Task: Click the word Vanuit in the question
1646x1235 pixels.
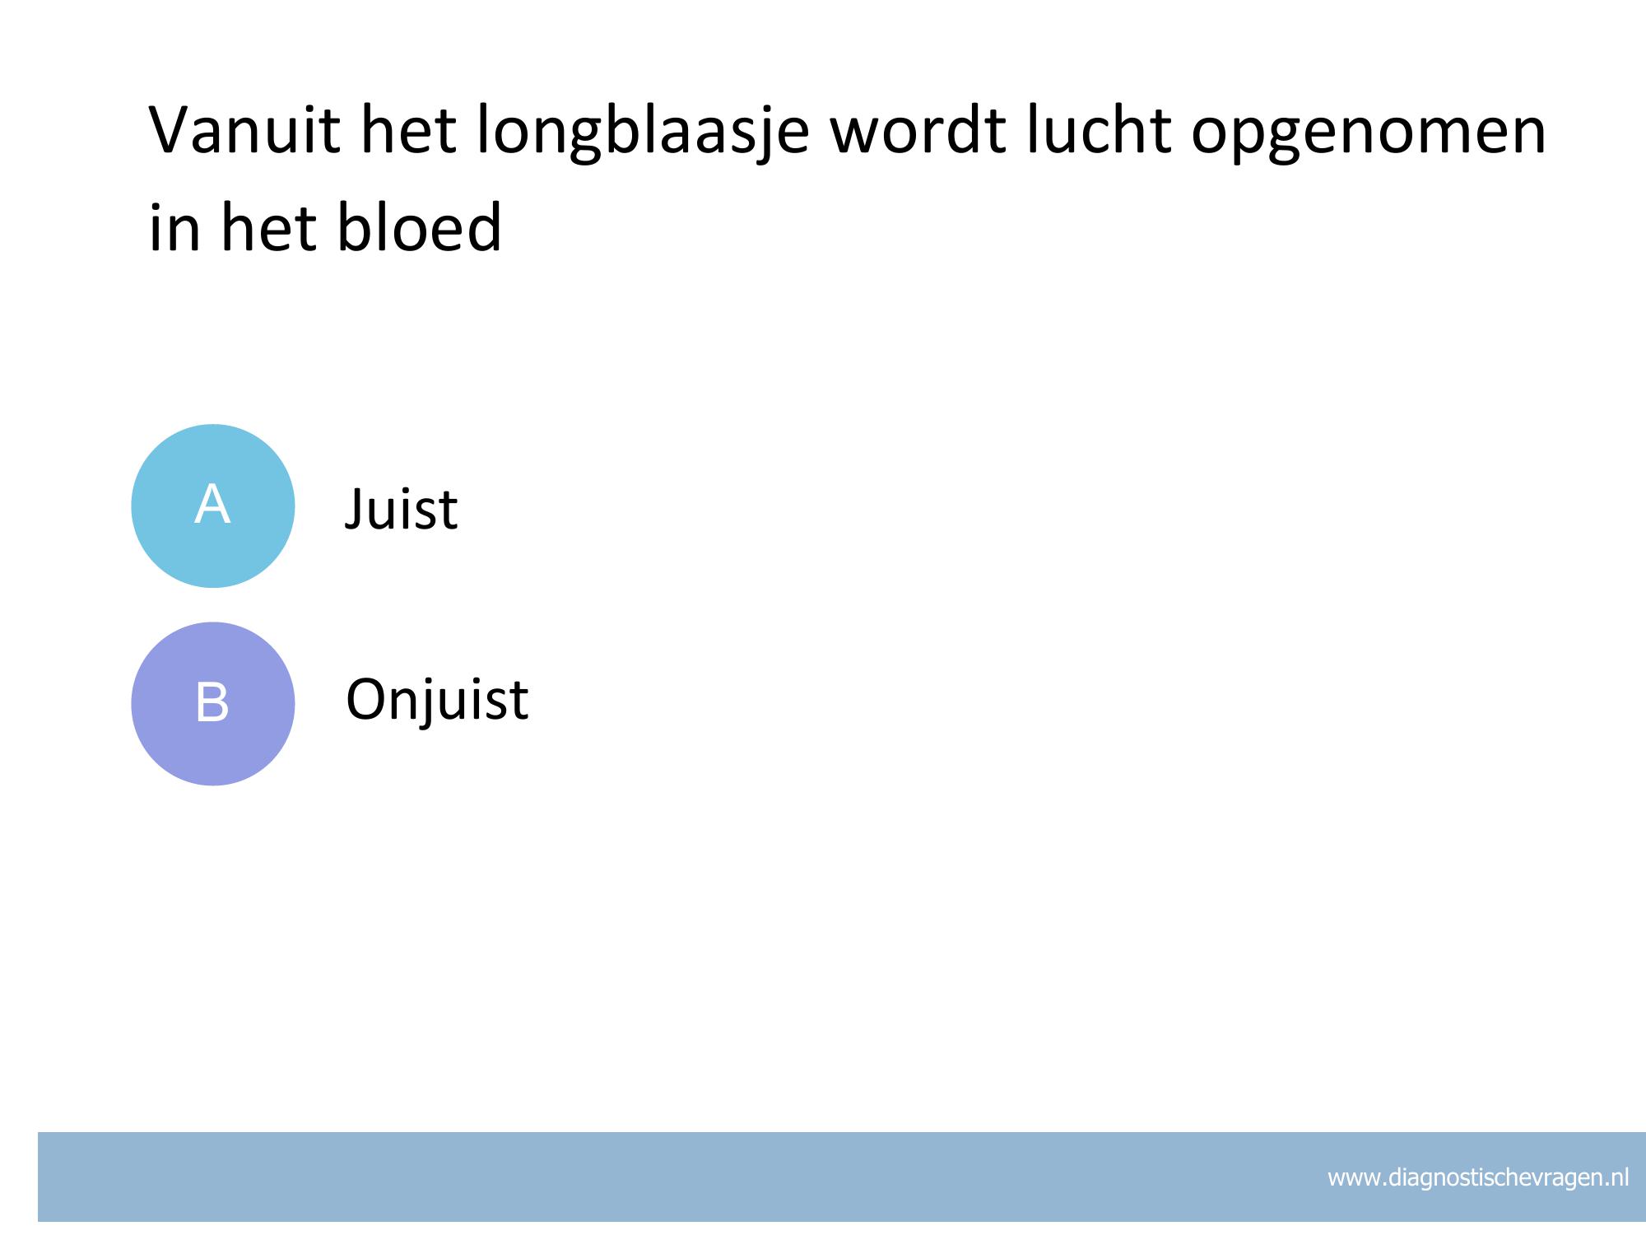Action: (244, 130)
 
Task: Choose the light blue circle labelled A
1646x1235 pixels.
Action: (213, 506)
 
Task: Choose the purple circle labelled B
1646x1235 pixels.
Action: (213, 703)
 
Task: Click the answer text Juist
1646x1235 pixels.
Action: (401, 509)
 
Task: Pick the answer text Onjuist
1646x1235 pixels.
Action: (437, 701)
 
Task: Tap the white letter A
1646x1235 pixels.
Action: (212, 504)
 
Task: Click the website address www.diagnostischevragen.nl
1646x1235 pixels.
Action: (1478, 1177)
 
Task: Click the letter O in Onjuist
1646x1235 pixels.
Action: (368, 701)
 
